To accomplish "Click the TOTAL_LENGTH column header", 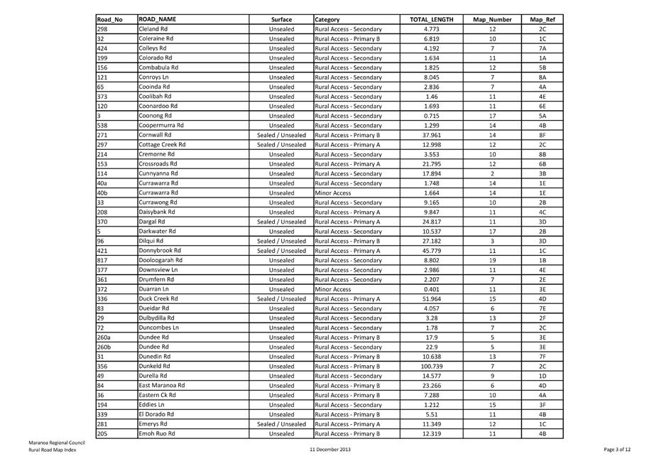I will tap(431, 19).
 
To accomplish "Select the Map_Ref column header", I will tap(542, 19).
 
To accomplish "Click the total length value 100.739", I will tap(431, 366).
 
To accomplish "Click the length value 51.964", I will tap(431, 298).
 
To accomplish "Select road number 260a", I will tap(104, 337).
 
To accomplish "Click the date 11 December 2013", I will tap(330, 450).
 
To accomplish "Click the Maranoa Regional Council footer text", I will tap(56, 443).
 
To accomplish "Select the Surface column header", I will tap(281, 19).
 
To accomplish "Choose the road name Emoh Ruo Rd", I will tap(157, 433).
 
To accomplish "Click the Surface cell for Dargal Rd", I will tap(281, 222).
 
